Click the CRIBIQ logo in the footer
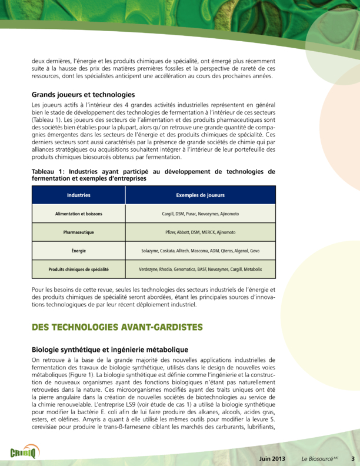coord(24,452)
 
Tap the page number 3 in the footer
coord(353,458)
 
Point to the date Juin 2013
coord(272,458)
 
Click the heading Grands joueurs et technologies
coord(84,95)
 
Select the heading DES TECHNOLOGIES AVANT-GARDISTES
coord(117,327)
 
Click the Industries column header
coord(78,195)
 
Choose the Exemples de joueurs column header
coord(200,195)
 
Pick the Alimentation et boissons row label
coord(78,214)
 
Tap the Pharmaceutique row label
coord(78,232)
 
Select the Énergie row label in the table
coord(78,251)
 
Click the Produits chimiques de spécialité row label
coord(78,269)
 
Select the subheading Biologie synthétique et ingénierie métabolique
coord(109,349)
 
